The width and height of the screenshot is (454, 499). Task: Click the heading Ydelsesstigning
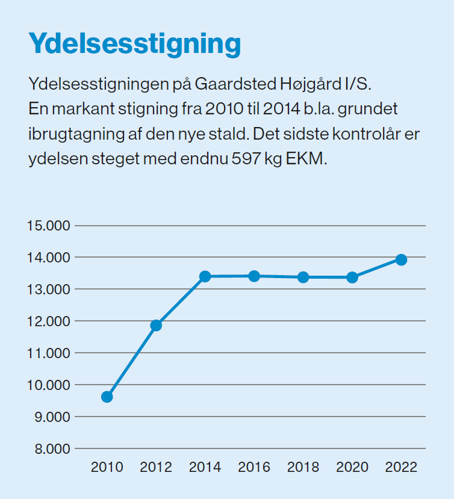134,45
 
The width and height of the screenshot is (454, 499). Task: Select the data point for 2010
107,397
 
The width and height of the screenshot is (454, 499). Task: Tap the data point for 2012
156,326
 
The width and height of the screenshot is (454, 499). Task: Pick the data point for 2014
205,276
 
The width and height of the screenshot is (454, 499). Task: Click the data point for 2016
254,276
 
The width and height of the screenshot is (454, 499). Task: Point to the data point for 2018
303,277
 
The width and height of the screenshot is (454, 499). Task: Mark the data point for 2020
352,277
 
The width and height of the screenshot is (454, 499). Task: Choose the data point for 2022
401,259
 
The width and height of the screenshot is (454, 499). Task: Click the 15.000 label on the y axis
49,226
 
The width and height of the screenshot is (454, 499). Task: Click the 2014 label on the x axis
205,468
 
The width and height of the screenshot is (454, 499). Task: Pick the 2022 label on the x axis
401,468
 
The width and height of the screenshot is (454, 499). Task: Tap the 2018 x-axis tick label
303,468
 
